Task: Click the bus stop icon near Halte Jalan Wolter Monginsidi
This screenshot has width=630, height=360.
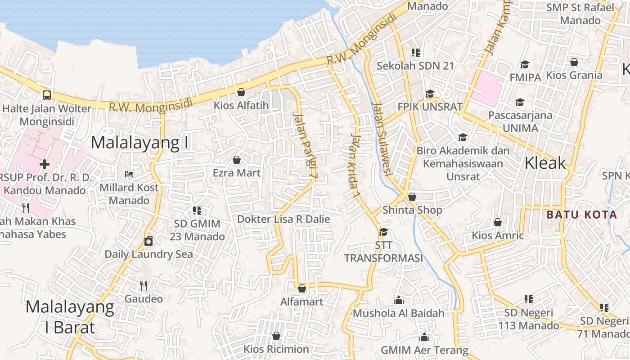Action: (46, 95)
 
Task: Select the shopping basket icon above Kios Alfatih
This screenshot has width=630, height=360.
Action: (241, 92)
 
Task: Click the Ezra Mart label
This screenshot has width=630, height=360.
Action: (237, 173)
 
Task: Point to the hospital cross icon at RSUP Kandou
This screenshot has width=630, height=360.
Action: (45, 164)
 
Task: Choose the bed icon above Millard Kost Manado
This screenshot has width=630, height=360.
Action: (129, 174)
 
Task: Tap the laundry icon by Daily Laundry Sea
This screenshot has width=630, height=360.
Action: (148, 241)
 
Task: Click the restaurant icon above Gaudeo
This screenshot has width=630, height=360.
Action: (143, 285)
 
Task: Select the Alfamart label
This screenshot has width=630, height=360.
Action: (301, 301)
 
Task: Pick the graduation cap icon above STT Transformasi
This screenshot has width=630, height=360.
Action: (383, 232)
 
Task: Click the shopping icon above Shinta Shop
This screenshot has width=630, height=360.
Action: (412, 197)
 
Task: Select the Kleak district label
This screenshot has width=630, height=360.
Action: (545, 163)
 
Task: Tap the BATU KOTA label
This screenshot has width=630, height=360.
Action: (581, 215)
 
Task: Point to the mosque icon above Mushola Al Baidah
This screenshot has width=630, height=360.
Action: (398, 300)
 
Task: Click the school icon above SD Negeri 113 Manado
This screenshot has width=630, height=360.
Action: (529, 299)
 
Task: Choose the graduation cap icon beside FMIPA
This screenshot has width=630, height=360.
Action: (525, 64)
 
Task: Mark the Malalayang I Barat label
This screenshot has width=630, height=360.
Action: (70, 317)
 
